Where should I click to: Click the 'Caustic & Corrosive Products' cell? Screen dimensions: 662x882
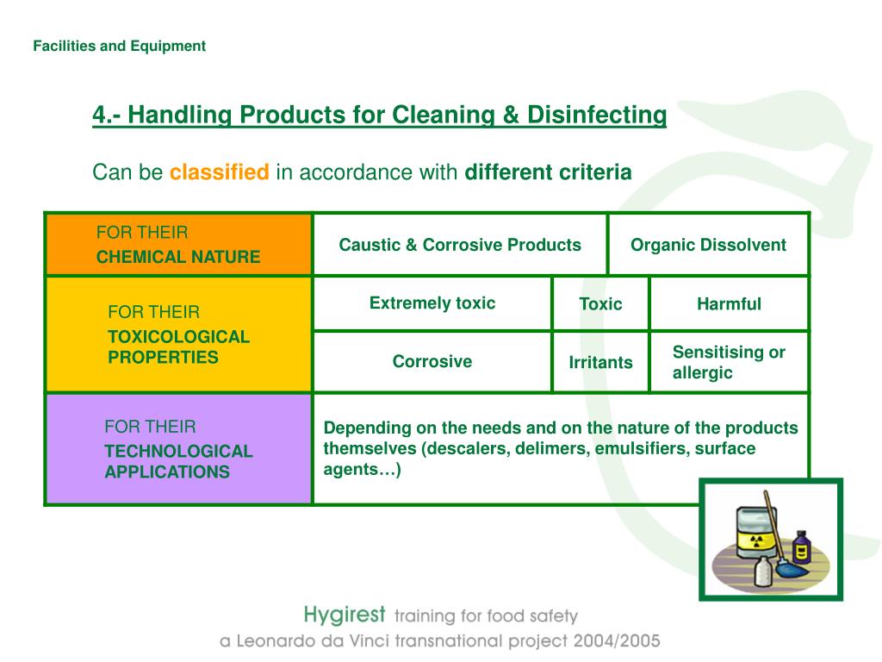click(460, 245)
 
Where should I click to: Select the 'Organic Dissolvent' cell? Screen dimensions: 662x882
click(708, 245)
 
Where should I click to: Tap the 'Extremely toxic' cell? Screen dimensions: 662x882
click(432, 303)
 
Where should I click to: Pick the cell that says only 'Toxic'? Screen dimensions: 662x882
click(600, 304)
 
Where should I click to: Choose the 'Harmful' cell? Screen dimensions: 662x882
click(729, 304)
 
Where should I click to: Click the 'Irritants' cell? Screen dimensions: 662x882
click(600, 362)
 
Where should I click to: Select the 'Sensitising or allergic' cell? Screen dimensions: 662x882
click(729, 362)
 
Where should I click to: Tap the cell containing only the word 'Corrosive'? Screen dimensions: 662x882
click(432, 362)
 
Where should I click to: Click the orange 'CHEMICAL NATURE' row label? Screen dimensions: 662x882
click(178, 245)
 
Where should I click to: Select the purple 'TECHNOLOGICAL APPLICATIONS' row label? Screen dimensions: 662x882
click(178, 449)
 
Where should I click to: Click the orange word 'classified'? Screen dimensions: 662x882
click(220, 172)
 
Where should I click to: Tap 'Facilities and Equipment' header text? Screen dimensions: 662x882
click(120, 47)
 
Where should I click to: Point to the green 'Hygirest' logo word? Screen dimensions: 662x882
click(344, 615)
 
